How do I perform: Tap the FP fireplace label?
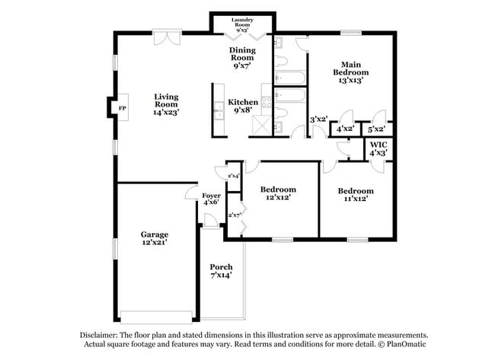pos(122,109)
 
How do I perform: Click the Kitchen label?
pos(244,102)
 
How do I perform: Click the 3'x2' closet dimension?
pos(318,119)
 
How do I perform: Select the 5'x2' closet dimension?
pos(377,129)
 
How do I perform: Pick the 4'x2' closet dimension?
pos(344,129)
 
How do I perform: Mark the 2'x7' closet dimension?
pos(235,215)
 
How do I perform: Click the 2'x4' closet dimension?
pos(233,176)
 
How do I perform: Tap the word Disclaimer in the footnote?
pos(101,335)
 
